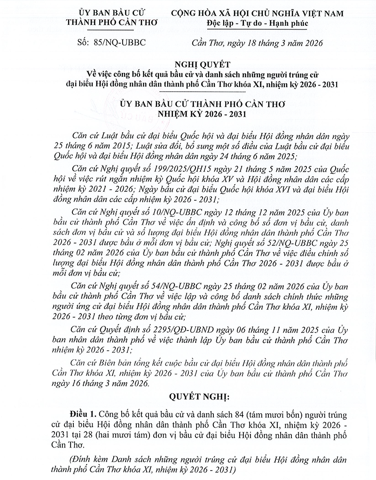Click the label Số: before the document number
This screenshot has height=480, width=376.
(x=82, y=43)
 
